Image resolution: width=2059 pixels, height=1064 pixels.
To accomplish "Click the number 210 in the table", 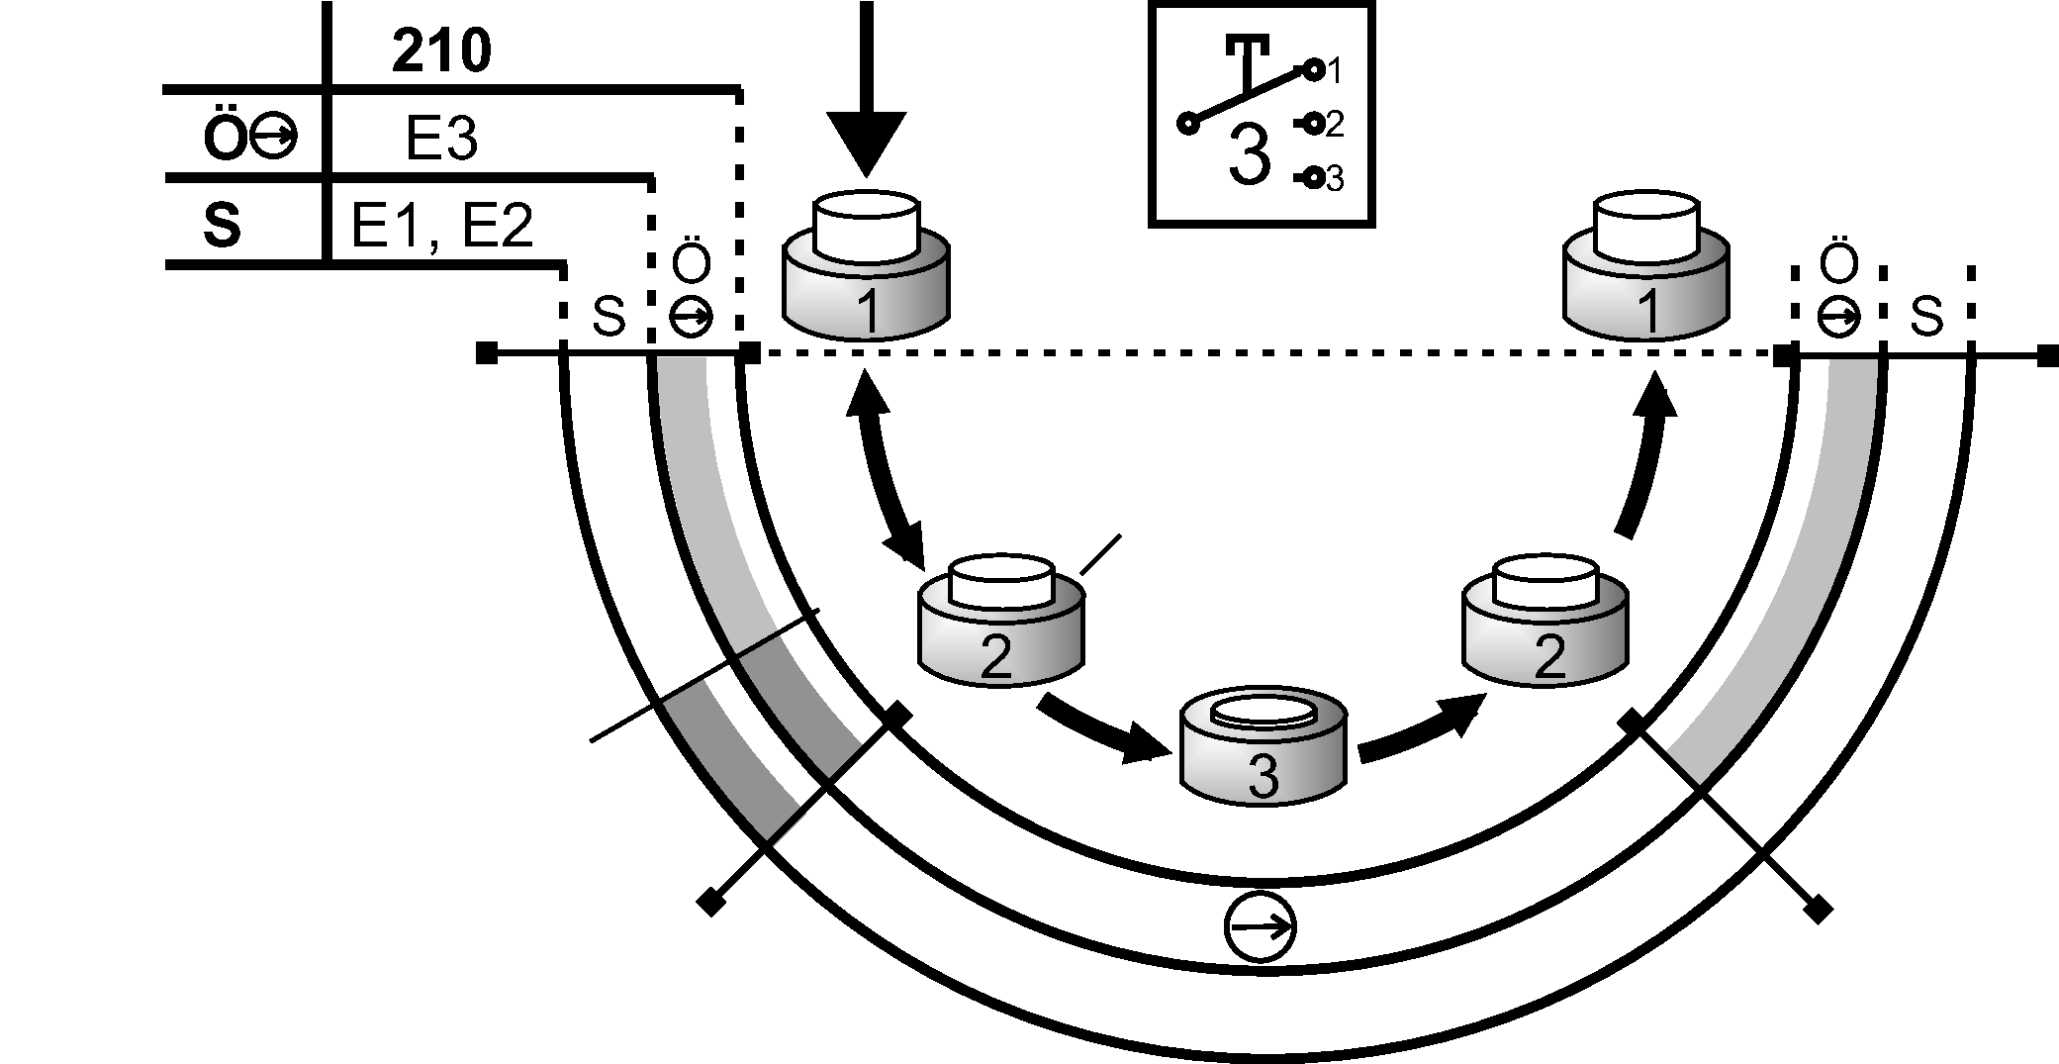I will coord(441,51).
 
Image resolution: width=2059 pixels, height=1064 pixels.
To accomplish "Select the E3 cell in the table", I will coord(441,141).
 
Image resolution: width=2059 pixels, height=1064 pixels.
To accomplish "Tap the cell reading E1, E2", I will coord(441,226).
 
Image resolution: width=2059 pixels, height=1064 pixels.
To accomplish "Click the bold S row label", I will coord(222,226).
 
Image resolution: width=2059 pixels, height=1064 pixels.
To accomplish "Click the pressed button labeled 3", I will coord(1264,747).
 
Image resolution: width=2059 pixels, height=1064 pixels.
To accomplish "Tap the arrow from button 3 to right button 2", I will coord(1420,727).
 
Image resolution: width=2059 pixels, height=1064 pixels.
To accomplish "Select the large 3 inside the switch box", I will coord(1249,156).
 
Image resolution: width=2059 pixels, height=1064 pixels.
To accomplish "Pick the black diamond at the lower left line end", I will coord(709,902).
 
